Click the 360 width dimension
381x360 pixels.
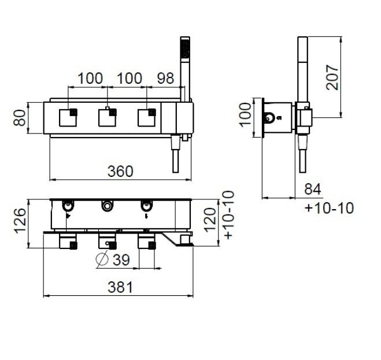[x=120, y=171]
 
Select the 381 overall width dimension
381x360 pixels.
[x=120, y=287]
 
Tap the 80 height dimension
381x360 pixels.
[x=20, y=118]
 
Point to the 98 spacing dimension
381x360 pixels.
[x=165, y=78]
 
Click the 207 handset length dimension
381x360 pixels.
[x=332, y=77]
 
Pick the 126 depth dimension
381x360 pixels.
[x=20, y=221]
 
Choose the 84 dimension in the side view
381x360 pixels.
[x=312, y=189]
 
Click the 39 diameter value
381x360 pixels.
[x=121, y=259]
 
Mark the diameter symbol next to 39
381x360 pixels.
[x=102, y=259]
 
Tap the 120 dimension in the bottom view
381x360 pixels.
[x=210, y=220]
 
